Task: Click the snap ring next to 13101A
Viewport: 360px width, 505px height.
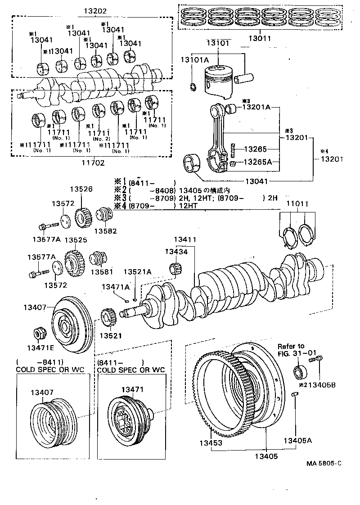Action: coord(193,87)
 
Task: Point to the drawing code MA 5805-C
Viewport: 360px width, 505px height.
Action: coord(324,463)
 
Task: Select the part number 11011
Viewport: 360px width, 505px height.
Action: coord(298,203)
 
